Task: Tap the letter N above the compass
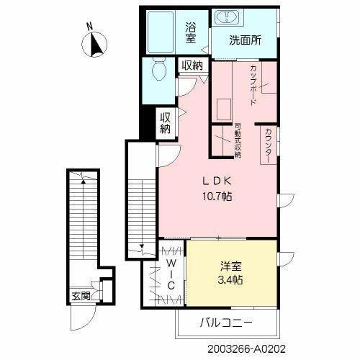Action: pos(89,27)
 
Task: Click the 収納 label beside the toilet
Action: pos(192,66)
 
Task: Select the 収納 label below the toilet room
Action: pos(166,123)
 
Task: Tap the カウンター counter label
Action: pos(268,145)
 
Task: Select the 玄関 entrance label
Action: pos(81,295)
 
